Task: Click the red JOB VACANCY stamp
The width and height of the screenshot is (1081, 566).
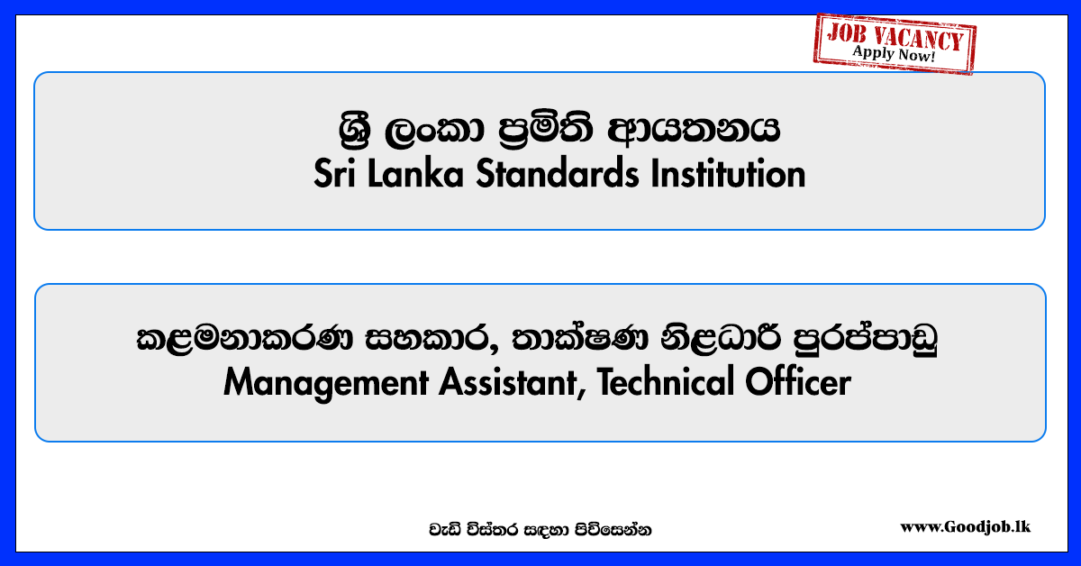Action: tap(895, 44)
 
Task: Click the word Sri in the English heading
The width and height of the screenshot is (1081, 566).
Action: tap(335, 173)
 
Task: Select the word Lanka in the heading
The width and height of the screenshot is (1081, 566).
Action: tap(415, 173)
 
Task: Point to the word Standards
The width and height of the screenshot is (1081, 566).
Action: tap(558, 173)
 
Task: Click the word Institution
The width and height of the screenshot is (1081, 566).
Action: tap(728, 173)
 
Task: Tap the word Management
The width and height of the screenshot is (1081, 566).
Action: tap(326, 383)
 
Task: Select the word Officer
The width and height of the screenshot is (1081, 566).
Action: tap(798, 382)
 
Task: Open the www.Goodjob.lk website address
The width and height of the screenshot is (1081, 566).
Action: tap(965, 527)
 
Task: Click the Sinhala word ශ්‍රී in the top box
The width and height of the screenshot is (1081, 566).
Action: tap(355, 130)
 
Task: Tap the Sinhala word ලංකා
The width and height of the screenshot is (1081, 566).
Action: tap(434, 131)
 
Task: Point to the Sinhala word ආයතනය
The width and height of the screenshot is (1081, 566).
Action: tap(694, 130)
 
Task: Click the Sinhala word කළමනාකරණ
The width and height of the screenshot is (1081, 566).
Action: tap(245, 339)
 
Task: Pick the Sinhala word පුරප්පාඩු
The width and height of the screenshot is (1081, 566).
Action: tap(866, 339)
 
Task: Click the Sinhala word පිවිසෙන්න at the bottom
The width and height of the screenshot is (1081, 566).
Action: tap(613, 530)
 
